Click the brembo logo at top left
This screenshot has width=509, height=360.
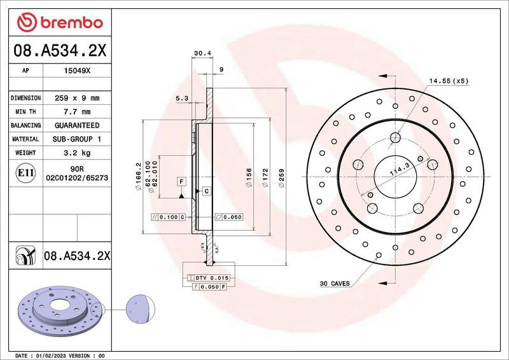click(x=59, y=23)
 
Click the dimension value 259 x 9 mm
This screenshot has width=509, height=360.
click(x=77, y=99)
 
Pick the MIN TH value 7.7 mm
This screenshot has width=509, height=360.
click(x=77, y=112)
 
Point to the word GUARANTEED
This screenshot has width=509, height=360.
click(x=77, y=125)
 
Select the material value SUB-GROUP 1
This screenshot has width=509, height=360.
click(x=77, y=139)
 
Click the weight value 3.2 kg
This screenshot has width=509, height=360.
click(x=77, y=153)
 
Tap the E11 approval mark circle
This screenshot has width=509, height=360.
click(x=25, y=172)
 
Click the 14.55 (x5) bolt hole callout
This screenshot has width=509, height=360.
click(x=448, y=81)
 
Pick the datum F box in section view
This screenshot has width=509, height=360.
click(x=181, y=183)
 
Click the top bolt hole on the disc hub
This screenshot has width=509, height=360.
click(x=395, y=136)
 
